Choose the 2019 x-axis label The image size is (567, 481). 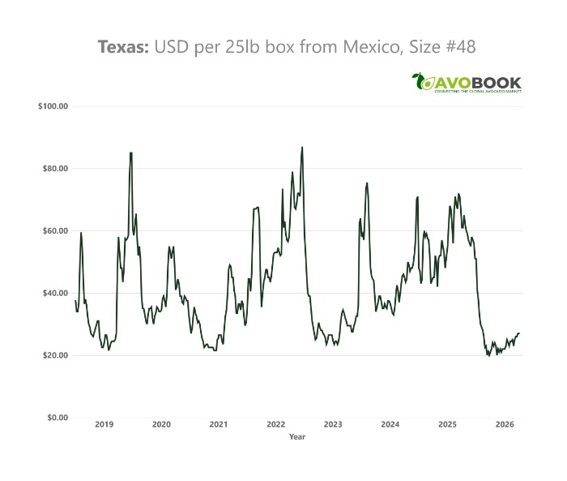(104, 424)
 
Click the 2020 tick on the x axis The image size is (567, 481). (161, 424)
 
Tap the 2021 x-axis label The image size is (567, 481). (218, 424)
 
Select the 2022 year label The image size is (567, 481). (275, 424)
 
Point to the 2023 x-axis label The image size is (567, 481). (332, 424)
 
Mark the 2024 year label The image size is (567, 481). (390, 424)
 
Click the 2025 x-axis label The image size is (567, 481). (447, 424)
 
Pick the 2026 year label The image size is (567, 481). (504, 424)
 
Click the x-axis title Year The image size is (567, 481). (297, 436)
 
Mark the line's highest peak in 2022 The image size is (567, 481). (302, 148)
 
